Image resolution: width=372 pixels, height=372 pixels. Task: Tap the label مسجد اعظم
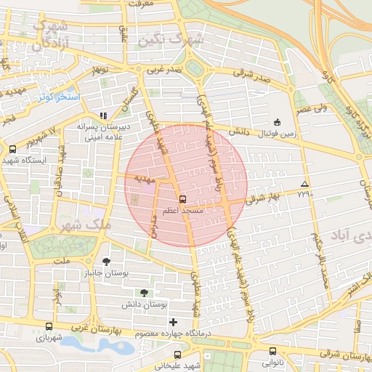pyautogui.click(x=182, y=210)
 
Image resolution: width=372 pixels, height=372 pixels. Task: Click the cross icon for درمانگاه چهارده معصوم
pyautogui.click(x=172, y=322)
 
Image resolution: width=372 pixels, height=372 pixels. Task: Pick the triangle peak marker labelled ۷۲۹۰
pyautogui.click(x=304, y=184)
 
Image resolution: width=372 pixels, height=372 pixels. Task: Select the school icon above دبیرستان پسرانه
pyautogui.click(x=103, y=115)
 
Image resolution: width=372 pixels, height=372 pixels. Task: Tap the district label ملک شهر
pyautogui.click(x=91, y=225)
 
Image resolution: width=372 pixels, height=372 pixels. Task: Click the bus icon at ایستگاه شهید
pyautogui.click(x=12, y=149)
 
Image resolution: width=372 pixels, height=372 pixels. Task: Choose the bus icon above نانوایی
pyautogui.click(x=272, y=351)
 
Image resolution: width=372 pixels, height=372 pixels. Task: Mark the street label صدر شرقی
pyautogui.click(x=252, y=73)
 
